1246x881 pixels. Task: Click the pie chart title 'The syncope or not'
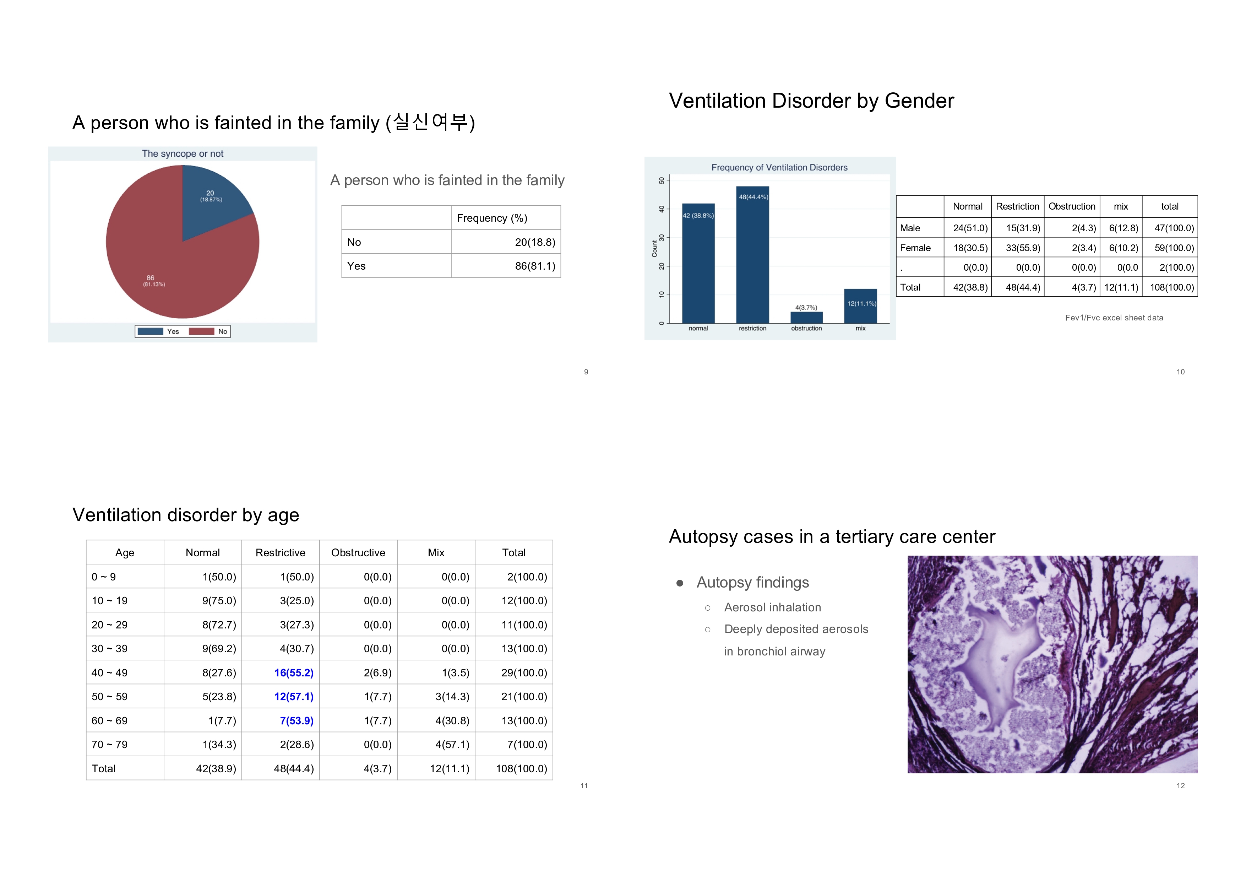tap(183, 153)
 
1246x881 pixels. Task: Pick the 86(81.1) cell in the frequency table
tap(534, 266)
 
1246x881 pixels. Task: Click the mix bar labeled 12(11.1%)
tap(861, 307)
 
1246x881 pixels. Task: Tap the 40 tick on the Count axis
tap(662, 209)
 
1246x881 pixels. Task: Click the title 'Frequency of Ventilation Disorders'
tap(779, 168)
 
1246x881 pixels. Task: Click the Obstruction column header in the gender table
tap(1072, 206)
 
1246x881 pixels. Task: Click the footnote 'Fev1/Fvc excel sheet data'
tap(1114, 318)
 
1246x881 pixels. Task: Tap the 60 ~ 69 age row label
tap(110, 721)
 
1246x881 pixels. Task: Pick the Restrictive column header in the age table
tap(280, 553)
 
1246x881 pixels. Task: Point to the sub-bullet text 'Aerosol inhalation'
tap(772, 607)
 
